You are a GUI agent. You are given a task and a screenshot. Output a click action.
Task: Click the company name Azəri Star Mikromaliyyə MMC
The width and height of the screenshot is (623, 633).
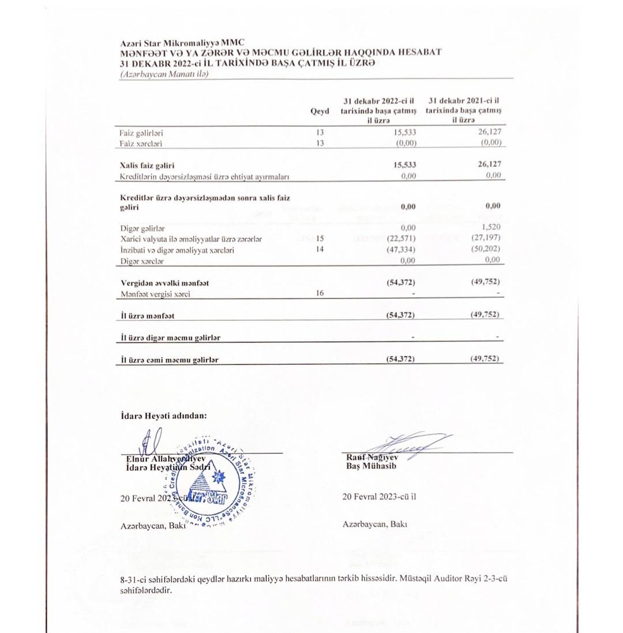pyautogui.click(x=182, y=43)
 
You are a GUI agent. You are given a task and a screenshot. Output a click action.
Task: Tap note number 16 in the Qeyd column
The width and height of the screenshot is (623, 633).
pyautogui.click(x=320, y=293)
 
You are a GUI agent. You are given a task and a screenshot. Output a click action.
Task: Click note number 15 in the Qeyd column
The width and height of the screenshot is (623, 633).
pyautogui.click(x=320, y=238)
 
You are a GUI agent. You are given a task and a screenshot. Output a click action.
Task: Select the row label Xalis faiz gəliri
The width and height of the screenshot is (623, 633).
pyautogui.click(x=147, y=166)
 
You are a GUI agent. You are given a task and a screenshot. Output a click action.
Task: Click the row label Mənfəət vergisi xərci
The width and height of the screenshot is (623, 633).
pyautogui.click(x=155, y=294)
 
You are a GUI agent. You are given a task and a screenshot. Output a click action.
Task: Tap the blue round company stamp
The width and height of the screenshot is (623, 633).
pyautogui.click(x=210, y=486)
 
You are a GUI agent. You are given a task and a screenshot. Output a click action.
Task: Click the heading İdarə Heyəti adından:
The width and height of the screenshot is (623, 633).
pyautogui.click(x=164, y=415)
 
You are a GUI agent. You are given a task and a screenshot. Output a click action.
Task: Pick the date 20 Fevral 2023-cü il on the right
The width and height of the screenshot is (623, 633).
pyautogui.click(x=379, y=496)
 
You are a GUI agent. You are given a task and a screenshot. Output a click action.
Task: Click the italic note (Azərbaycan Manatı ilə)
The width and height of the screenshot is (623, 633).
pyautogui.click(x=164, y=74)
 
